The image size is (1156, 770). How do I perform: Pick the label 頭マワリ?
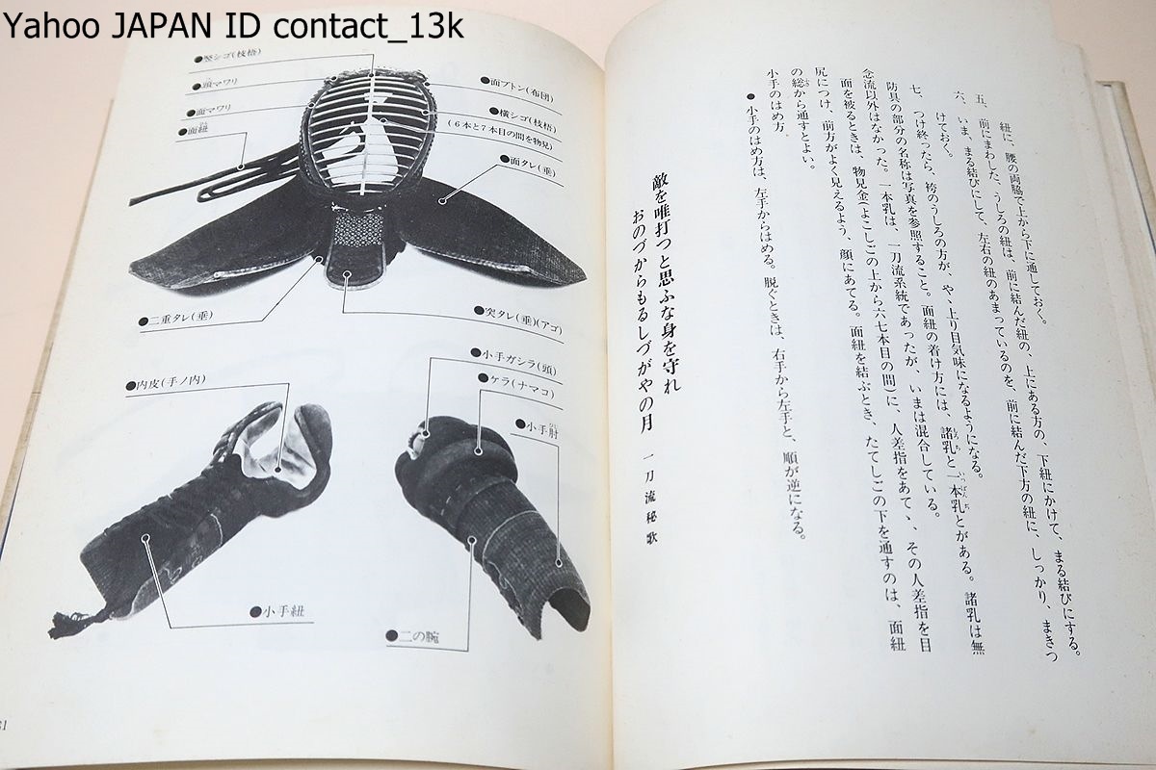[216, 85]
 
